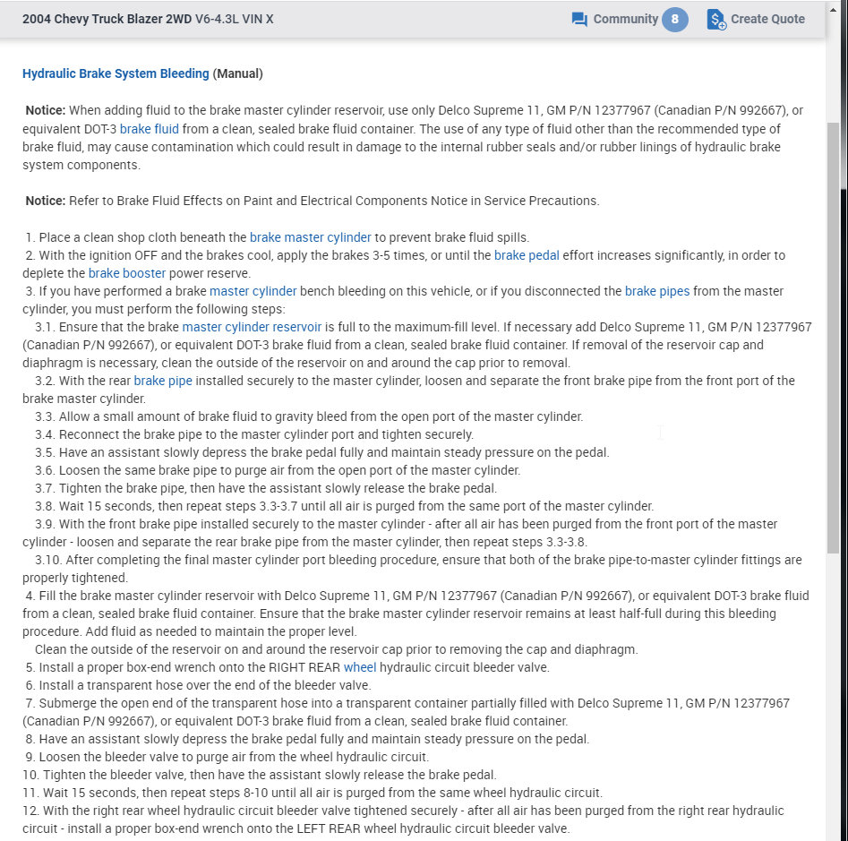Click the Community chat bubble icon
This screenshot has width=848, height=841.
[x=579, y=19]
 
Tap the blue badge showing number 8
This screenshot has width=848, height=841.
[x=675, y=19]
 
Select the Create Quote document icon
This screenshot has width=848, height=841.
[x=715, y=19]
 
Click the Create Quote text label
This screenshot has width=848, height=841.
[x=767, y=19]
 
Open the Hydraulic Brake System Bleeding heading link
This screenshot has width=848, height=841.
[x=116, y=73]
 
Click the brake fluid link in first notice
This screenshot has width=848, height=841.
[x=150, y=128]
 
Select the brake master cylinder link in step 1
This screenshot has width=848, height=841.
[x=310, y=237]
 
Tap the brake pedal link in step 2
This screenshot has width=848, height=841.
[x=527, y=255]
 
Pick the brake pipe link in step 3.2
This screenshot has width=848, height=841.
[x=163, y=381]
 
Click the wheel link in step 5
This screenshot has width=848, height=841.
[x=360, y=667]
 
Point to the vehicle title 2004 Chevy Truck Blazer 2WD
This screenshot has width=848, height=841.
[x=107, y=19]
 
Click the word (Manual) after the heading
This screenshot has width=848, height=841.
[x=237, y=73]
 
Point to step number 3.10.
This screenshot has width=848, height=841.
[x=47, y=560]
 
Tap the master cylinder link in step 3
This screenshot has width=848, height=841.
[x=253, y=291]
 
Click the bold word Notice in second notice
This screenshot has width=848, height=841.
[x=45, y=201]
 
